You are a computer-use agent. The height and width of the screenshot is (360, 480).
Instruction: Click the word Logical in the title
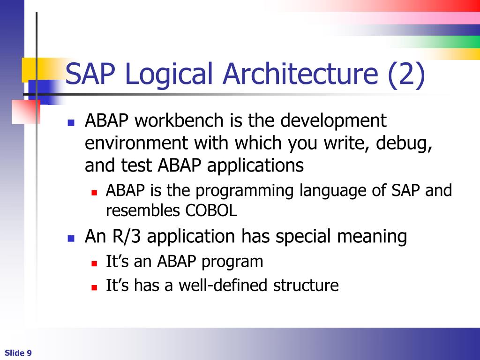[170, 75]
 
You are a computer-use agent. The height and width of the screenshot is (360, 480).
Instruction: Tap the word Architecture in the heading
[300, 75]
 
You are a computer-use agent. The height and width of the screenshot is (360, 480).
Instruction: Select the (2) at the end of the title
[406, 75]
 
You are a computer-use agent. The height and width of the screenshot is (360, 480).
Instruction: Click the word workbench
[180, 121]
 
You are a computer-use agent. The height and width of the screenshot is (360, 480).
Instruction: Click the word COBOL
[211, 211]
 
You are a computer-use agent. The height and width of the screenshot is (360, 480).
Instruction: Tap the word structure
[306, 285]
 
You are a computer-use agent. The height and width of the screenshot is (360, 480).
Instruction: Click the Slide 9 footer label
[18, 353]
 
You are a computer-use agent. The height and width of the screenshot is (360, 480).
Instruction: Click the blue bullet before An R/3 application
[71, 238]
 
